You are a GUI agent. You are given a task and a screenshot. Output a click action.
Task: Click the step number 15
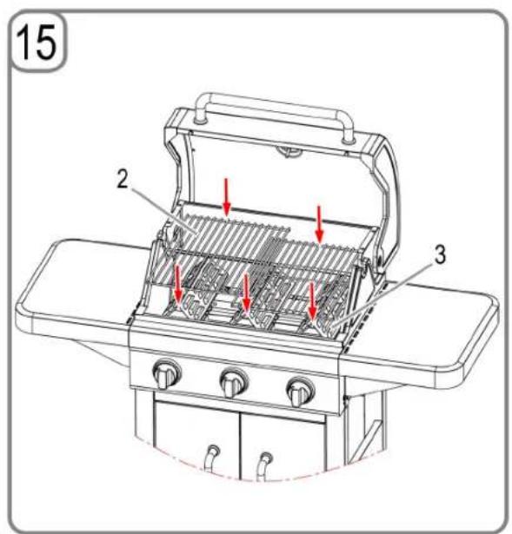click(37, 43)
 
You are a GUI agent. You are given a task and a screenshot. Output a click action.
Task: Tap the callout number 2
click(122, 179)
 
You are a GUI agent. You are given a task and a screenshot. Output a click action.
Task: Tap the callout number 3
click(440, 254)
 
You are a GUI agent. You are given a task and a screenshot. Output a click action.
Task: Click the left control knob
click(166, 374)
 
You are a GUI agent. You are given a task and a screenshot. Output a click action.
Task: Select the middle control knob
click(234, 382)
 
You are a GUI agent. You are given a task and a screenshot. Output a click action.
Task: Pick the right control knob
click(300, 391)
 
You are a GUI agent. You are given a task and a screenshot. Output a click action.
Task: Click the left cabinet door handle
click(211, 458)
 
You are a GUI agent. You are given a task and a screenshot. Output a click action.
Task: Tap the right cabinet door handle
click(264, 466)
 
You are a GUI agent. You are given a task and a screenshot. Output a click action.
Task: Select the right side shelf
click(426, 327)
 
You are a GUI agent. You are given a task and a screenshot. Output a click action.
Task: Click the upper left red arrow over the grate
click(227, 196)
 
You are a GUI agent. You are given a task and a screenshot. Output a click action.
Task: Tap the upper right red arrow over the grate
click(319, 224)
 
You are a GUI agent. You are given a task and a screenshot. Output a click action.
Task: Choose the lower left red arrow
click(178, 285)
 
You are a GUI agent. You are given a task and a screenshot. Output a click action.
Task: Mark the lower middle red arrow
click(246, 293)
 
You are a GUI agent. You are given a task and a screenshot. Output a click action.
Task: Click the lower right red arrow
click(312, 302)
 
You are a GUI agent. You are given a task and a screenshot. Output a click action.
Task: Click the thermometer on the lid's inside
click(289, 151)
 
